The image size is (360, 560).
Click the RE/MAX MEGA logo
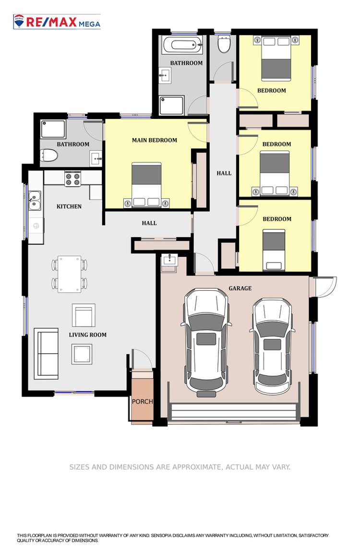point(57,22)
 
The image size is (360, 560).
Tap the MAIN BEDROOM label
point(154,140)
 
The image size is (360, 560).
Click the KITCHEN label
point(69,206)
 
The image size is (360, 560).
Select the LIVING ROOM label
point(87,335)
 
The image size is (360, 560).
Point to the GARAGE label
point(240,288)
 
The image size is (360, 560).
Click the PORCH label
point(142,401)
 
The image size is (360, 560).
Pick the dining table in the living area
point(70,274)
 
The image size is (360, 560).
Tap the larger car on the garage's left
point(206,340)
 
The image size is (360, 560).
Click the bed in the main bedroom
point(146,185)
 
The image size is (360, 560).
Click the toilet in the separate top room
point(224,44)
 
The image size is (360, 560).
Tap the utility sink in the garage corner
point(169,261)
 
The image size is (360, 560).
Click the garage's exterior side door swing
point(324,286)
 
